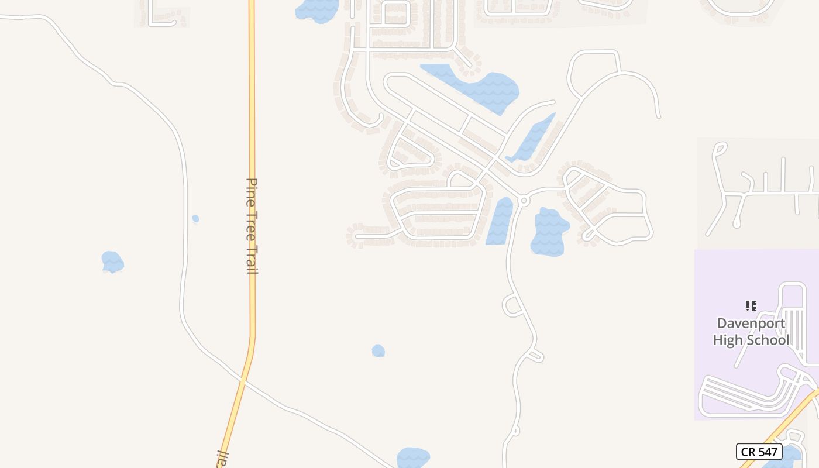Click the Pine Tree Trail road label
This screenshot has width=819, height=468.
[252, 226]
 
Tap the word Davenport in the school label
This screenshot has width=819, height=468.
[751, 324]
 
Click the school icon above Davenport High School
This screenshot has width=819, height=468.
[751, 305]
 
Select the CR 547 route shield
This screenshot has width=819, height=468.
[759, 452]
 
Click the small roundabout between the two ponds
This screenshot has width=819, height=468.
[524, 201]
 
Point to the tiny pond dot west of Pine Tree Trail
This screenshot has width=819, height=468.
[195, 219]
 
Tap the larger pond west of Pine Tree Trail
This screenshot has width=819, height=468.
[112, 261]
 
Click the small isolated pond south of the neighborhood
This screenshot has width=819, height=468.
[378, 350]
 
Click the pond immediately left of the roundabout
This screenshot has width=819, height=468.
[499, 221]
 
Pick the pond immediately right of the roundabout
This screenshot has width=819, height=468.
[549, 232]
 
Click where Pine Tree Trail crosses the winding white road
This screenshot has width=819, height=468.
[243, 380]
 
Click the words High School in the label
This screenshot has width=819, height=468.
[751, 340]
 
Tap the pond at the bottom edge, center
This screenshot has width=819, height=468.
[412, 458]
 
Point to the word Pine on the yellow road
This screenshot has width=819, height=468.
[252, 189]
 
